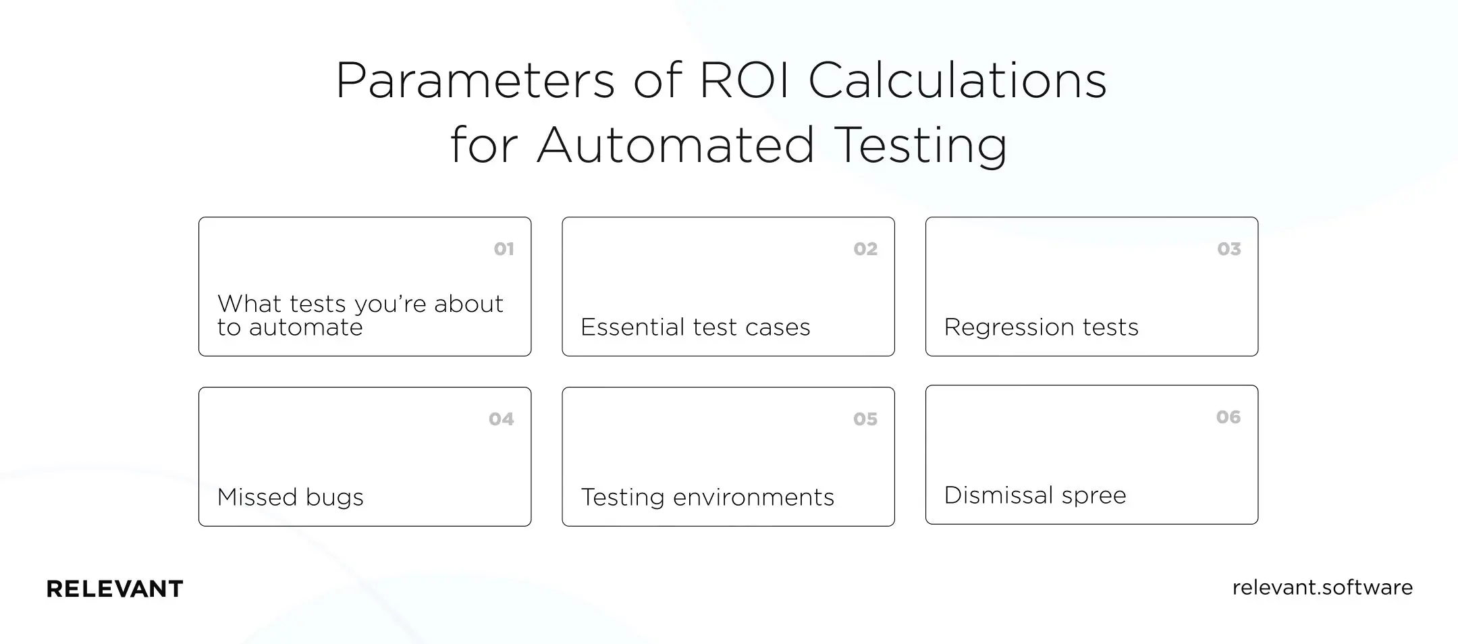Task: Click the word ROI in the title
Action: [744, 81]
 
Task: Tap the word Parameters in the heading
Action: [475, 81]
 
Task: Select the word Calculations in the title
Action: [957, 81]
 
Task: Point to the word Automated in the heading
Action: [676, 144]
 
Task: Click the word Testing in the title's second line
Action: [921, 146]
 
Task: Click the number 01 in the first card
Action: [504, 249]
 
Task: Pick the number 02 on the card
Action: [865, 249]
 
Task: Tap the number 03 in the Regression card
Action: [1228, 249]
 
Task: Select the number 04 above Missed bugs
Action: [502, 419]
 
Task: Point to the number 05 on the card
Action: [865, 419]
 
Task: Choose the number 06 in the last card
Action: [1228, 417]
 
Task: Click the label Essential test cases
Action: [695, 327]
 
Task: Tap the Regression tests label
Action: [1041, 327]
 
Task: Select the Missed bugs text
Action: [290, 498]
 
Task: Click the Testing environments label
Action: [707, 498]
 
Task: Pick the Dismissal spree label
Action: [1035, 495]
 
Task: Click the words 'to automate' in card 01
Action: [290, 328]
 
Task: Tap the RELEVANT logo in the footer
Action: [115, 589]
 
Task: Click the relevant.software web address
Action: [1322, 587]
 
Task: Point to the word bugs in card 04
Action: [335, 498]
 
